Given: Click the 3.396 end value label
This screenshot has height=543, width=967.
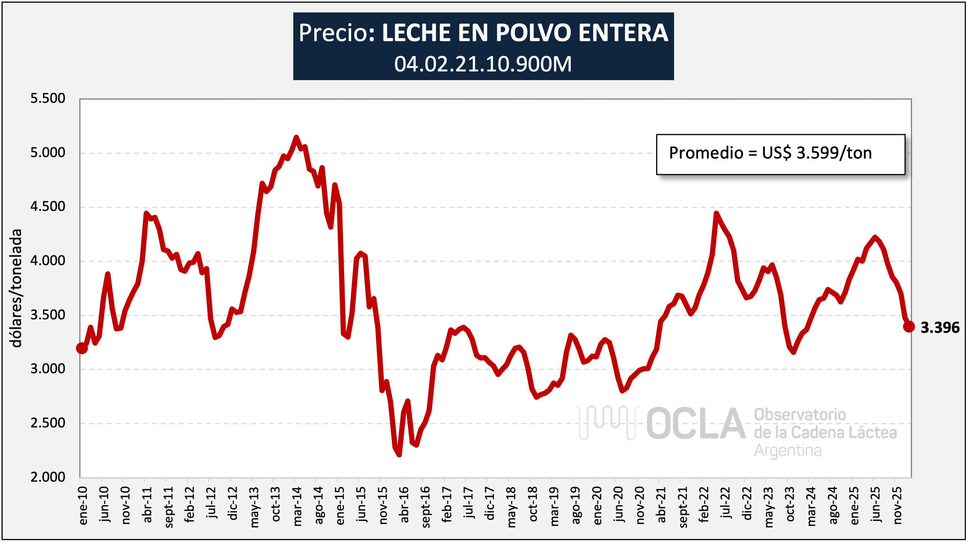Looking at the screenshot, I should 940,328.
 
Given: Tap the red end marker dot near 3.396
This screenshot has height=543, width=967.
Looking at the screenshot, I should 909,326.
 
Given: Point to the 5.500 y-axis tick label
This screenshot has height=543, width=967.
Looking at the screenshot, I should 48,99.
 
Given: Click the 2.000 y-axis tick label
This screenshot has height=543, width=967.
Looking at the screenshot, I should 48,477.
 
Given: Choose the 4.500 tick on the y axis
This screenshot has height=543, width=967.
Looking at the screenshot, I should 48,207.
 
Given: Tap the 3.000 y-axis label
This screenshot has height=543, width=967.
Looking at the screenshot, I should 48,369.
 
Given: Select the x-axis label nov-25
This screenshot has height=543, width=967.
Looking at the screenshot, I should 897,505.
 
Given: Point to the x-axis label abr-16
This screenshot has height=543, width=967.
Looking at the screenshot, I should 404,505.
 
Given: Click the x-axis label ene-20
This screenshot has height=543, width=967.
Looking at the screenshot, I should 597,505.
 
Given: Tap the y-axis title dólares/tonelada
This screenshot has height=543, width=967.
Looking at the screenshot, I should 16,288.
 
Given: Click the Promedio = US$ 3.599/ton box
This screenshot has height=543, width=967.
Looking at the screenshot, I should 780,154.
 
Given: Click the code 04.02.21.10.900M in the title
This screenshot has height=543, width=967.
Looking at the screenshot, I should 483,64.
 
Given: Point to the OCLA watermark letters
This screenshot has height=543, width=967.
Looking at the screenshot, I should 695,424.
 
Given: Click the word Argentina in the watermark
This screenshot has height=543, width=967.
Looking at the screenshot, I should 787,450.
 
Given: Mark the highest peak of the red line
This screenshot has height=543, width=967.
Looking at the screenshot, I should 296,137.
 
